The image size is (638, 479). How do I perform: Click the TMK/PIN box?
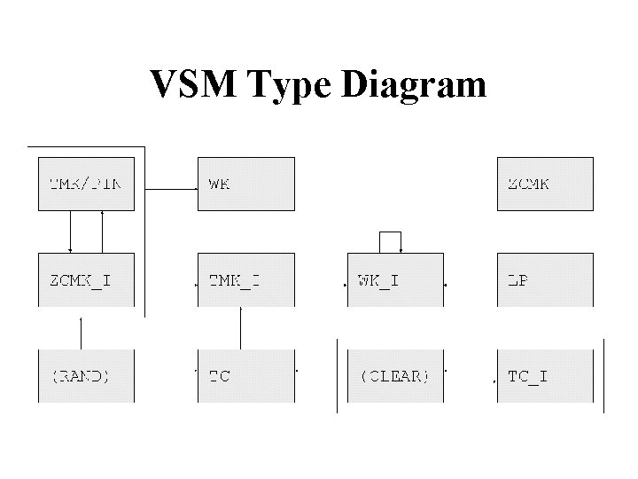click(86, 184)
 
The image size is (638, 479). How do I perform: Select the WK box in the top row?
click(245, 184)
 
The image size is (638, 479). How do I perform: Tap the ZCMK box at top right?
click(544, 184)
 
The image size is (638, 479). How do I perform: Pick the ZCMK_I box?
click(86, 280)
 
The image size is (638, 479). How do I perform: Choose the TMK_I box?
click(245, 280)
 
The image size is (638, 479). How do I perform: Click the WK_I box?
click(394, 280)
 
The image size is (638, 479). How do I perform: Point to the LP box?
click(544, 280)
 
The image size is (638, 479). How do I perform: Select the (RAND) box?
click(86, 375)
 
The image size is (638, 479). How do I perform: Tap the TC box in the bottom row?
click(245, 375)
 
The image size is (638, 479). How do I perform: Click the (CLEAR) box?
click(394, 375)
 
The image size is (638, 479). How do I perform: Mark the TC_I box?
click(544, 375)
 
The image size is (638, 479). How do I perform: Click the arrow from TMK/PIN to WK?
click(170, 188)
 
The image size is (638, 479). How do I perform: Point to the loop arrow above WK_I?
click(391, 232)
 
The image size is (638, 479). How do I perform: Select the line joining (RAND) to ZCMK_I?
click(82, 333)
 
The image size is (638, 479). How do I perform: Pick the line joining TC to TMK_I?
click(240, 328)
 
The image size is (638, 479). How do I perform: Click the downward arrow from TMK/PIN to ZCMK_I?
click(71, 232)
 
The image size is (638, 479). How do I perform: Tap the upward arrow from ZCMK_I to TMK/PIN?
click(103, 232)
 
